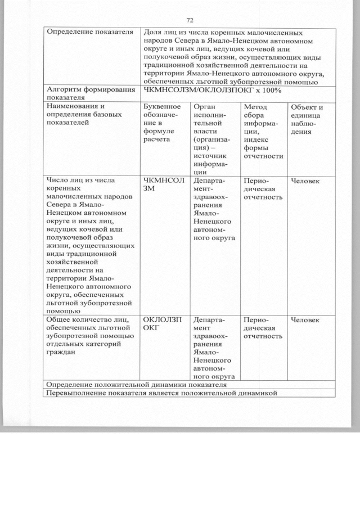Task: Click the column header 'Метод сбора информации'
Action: tap(263, 132)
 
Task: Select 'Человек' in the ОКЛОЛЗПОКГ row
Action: tap(305, 320)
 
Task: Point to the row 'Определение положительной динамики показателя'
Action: tap(136, 385)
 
